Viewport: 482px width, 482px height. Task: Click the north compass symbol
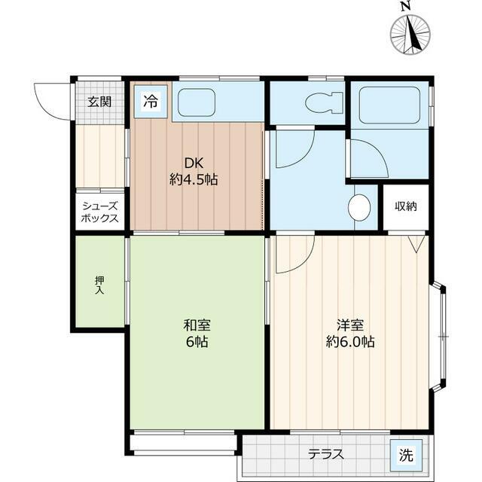click(x=409, y=32)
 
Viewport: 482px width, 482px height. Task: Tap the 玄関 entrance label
click(x=99, y=102)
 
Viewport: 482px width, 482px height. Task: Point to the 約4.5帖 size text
click(x=194, y=180)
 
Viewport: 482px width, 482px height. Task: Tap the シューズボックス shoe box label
click(x=99, y=212)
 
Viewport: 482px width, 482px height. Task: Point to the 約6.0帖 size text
click(x=350, y=342)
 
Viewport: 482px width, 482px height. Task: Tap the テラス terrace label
click(x=326, y=454)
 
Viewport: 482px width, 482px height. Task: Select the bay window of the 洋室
click(x=440, y=337)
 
